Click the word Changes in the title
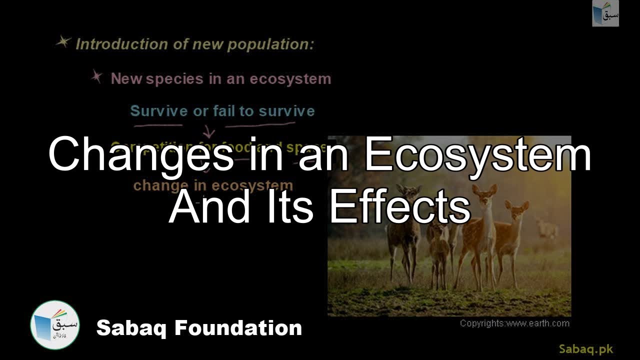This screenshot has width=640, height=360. coord(140,155)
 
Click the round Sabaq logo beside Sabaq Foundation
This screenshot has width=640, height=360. coord(55,325)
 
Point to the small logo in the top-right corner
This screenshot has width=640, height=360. coord(605,13)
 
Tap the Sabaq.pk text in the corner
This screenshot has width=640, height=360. coord(585,349)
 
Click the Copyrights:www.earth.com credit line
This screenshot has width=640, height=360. coord(514,323)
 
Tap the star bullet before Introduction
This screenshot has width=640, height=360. coord(63,42)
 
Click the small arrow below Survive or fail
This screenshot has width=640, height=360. coord(209,132)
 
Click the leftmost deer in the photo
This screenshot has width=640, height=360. coord(405,230)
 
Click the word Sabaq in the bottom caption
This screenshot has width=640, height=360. coord(131,328)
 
